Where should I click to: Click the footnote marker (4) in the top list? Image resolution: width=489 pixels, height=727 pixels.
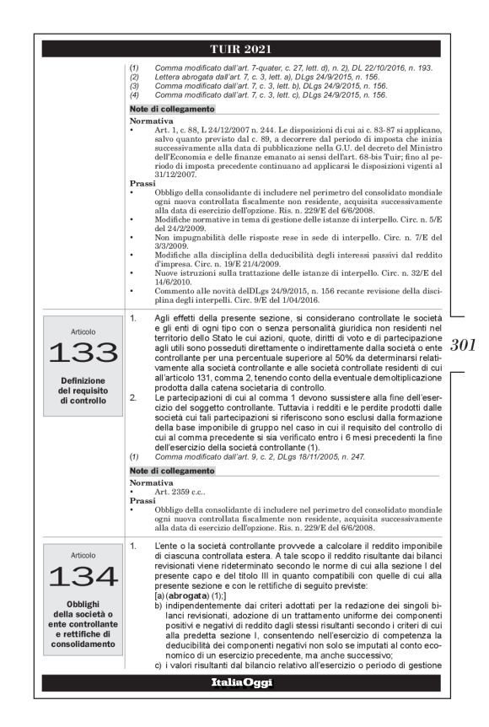(x=135, y=95)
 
